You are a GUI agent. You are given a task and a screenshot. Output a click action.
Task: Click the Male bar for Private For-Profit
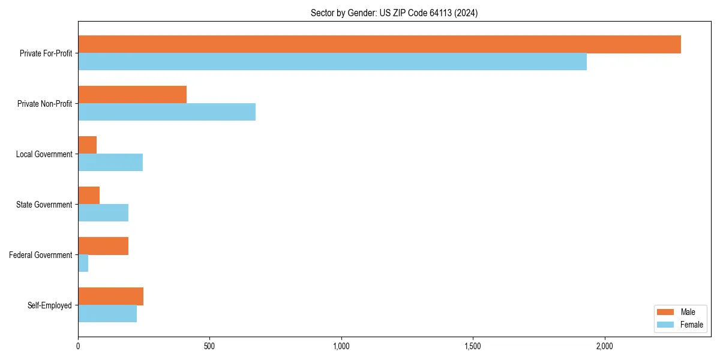pyautogui.click(x=379, y=44)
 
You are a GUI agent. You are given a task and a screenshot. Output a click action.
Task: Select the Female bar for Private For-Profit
pyautogui.click(x=332, y=62)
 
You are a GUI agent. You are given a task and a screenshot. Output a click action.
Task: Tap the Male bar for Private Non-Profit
pyautogui.click(x=132, y=95)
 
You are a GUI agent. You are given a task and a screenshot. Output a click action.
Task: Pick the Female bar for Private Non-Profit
pyautogui.click(x=167, y=112)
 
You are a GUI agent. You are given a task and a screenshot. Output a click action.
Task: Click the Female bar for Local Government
pyautogui.click(x=110, y=163)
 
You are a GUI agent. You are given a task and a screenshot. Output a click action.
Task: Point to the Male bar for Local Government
pyautogui.click(x=88, y=145)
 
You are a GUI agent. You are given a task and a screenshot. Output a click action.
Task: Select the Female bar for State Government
pyautogui.click(x=103, y=213)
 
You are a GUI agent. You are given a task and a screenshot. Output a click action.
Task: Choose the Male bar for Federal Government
pyautogui.click(x=103, y=246)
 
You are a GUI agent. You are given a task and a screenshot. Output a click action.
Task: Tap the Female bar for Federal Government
pyautogui.click(x=83, y=263)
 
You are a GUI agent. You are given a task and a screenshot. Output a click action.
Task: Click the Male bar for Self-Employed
pyautogui.click(x=111, y=296)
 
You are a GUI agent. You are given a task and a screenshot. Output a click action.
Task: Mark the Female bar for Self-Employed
pyautogui.click(x=107, y=314)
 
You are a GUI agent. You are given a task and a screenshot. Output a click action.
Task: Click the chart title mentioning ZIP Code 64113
pyautogui.click(x=394, y=13)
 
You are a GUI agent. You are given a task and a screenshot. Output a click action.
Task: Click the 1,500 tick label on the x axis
pyautogui.click(x=473, y=346)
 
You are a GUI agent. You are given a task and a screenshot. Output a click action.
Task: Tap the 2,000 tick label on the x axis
pyautogui.click(x=604, y=346)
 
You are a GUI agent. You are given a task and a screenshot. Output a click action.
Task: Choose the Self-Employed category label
pyautogui.click(x=50, y=305)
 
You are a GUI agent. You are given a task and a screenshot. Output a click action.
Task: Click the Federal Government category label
pyautogui.click(x=41, y=255)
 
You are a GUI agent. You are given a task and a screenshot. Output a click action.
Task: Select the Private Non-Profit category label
pyautogui.click(x=44, y=104)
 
